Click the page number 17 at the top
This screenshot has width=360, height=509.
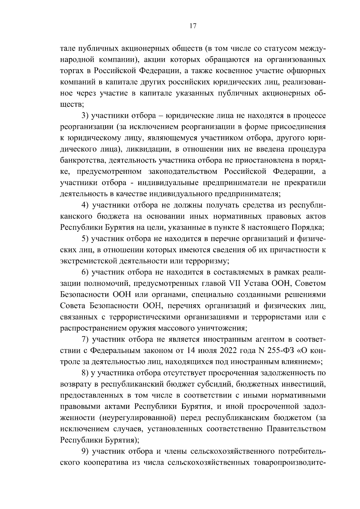(x=193, y=26)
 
